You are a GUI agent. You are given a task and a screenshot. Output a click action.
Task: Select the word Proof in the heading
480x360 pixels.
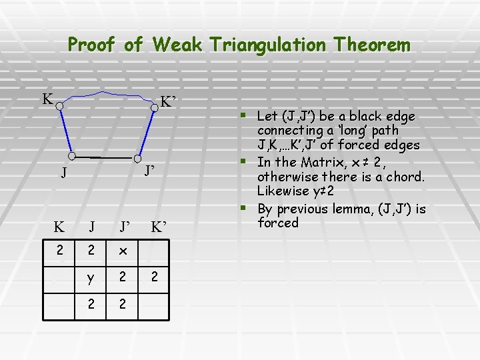click(93, 45)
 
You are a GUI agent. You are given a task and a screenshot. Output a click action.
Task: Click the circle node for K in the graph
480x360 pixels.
click(59, 105)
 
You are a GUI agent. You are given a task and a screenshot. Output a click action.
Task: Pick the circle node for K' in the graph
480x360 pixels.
click(154, 107)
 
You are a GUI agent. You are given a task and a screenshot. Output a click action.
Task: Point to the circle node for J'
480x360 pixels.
click(137, 159)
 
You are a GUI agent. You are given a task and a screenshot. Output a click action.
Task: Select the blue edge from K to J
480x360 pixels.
click(65, 131)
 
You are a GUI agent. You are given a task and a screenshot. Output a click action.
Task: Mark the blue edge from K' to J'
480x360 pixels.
click(146, 133)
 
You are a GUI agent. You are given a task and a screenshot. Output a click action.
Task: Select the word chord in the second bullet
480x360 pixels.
click(405, 177)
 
